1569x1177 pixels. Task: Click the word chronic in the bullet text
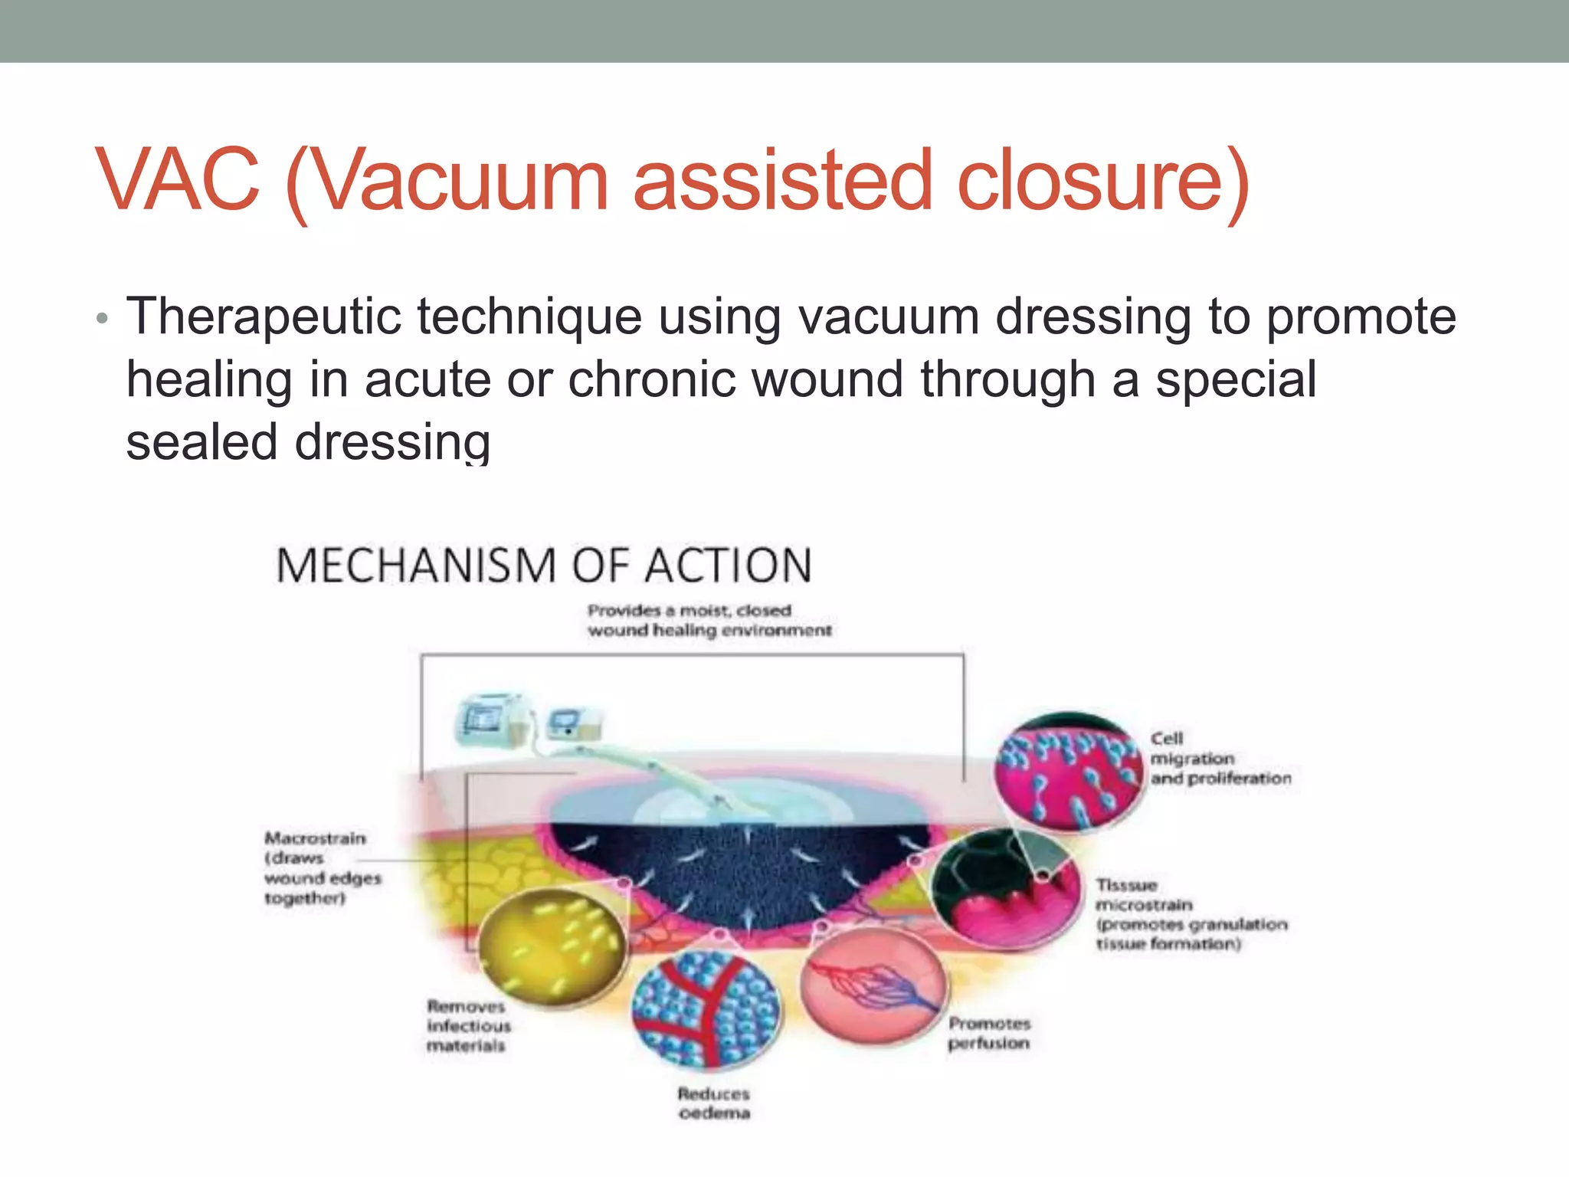(650, 379)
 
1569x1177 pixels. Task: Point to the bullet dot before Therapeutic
(102, 318)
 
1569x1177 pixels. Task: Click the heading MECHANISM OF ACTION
(543, 566)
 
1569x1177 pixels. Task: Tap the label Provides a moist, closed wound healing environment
(709, 621)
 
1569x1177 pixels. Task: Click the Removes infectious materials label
(467, 1026)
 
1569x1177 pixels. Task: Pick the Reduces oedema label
(713, 1103)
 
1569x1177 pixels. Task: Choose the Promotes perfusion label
(989, 1033)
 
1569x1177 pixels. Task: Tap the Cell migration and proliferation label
(1220, 759)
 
